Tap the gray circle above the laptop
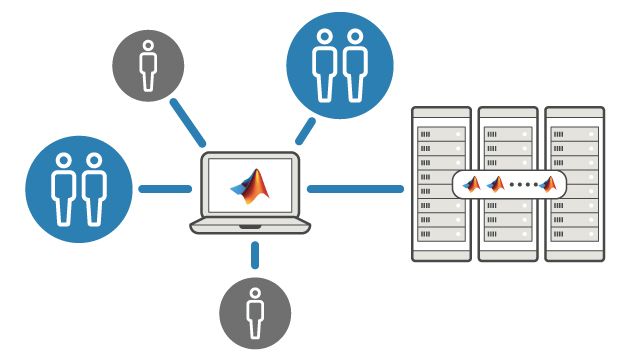[148, 63]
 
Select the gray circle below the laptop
[255, 312]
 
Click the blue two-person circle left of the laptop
[79, 187]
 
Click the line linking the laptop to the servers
[355, 188]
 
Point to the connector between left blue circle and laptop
[164, 188]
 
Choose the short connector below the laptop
[255, 254]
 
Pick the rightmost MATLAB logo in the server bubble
[547, 184]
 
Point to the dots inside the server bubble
[521, 185]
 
